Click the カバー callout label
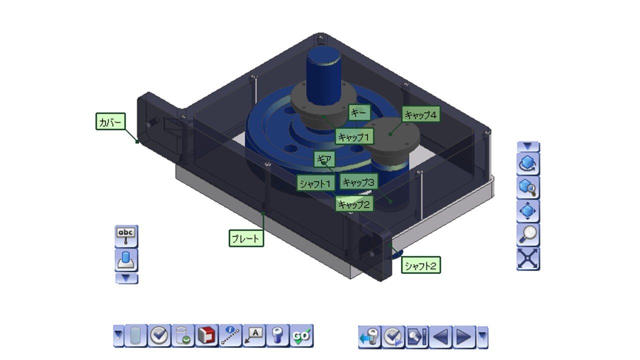[x=110, y=121]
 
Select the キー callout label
[x=359, y=112]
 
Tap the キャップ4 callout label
[x=421, y=114]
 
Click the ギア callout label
[x=324, y=159]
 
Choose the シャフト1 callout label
[x=315, y=183]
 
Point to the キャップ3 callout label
[x=358, y=181]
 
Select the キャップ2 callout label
[x=354, y=204]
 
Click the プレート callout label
[x=246, y=238]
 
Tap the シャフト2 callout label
[x=421, y=265]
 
